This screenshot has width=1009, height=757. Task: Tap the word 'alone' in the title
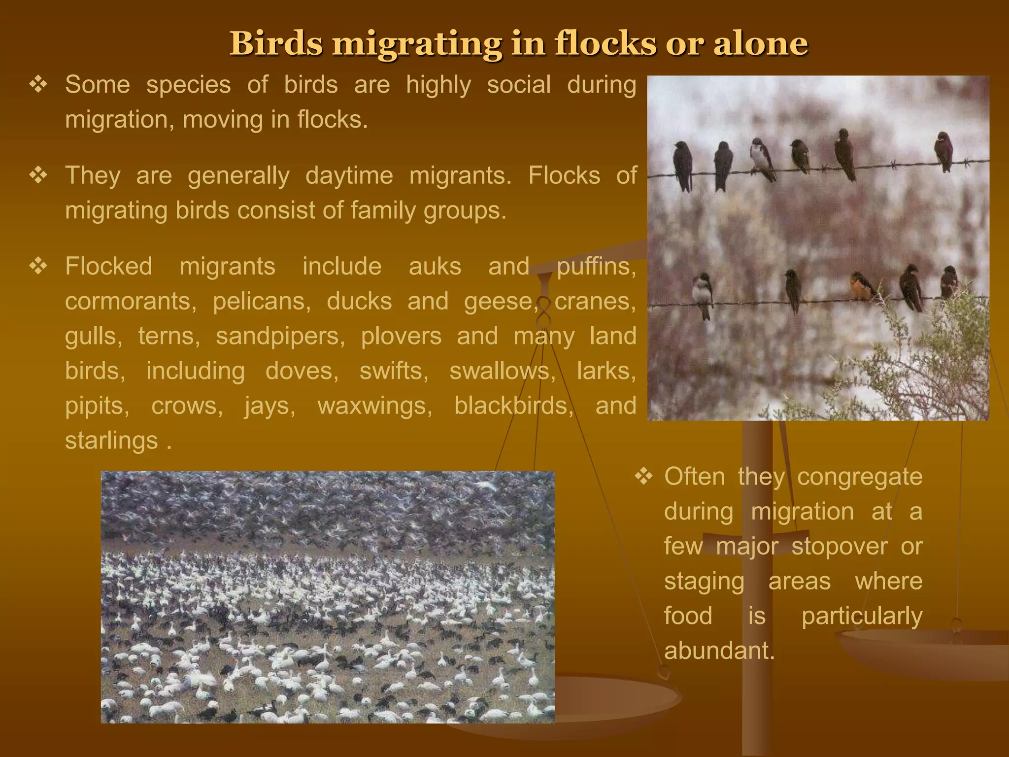(x=761, y=43)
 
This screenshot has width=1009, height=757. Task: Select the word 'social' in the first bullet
(x=519, y=84)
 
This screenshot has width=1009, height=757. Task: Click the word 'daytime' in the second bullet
(x=349, y=175)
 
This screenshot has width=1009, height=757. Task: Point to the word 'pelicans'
(x=261, y=301)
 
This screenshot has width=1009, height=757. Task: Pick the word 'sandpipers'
(x=280, y=336)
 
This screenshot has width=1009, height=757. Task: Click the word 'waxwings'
(x=374, y=406)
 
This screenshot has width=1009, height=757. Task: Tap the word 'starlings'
(x=111, y=441)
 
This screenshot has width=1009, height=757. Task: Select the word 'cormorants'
(x=130, y=301)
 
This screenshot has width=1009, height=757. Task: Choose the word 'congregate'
(x=860, y=477)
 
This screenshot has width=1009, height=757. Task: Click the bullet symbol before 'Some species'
(x=38, y=85)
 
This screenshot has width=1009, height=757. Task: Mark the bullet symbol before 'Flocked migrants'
(x=38, y=267)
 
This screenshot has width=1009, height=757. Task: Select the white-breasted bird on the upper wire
(x=762, y=158)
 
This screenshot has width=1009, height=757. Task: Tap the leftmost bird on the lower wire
(x=702, y=293)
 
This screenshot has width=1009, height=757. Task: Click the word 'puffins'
(x=596, y=267)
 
